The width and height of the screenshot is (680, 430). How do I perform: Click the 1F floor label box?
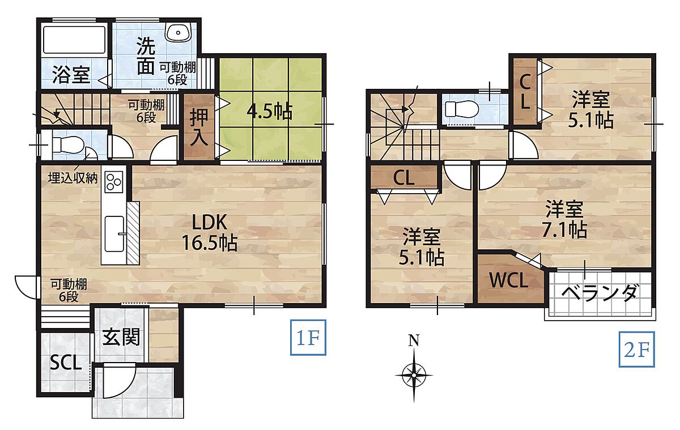tap(308, 337)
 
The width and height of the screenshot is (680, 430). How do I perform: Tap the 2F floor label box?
tap(636, 350)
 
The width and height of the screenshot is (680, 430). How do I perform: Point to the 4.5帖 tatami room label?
tap(270, 112)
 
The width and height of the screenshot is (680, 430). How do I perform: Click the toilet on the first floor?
tap(67, 144)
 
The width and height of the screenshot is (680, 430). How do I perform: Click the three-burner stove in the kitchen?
tap(113, 182)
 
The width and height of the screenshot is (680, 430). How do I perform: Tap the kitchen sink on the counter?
tap(114, 233)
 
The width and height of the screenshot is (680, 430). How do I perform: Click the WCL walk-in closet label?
tap(508, 280)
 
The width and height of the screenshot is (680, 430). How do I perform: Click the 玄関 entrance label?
tap(121, 337)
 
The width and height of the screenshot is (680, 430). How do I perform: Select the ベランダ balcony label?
tap(598, 293)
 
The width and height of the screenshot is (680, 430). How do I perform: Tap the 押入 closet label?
tap(199, 127)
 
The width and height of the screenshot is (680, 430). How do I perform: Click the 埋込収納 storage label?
tap(73, 178)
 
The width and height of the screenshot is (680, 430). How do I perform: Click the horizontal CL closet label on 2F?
tap(403, 178)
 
